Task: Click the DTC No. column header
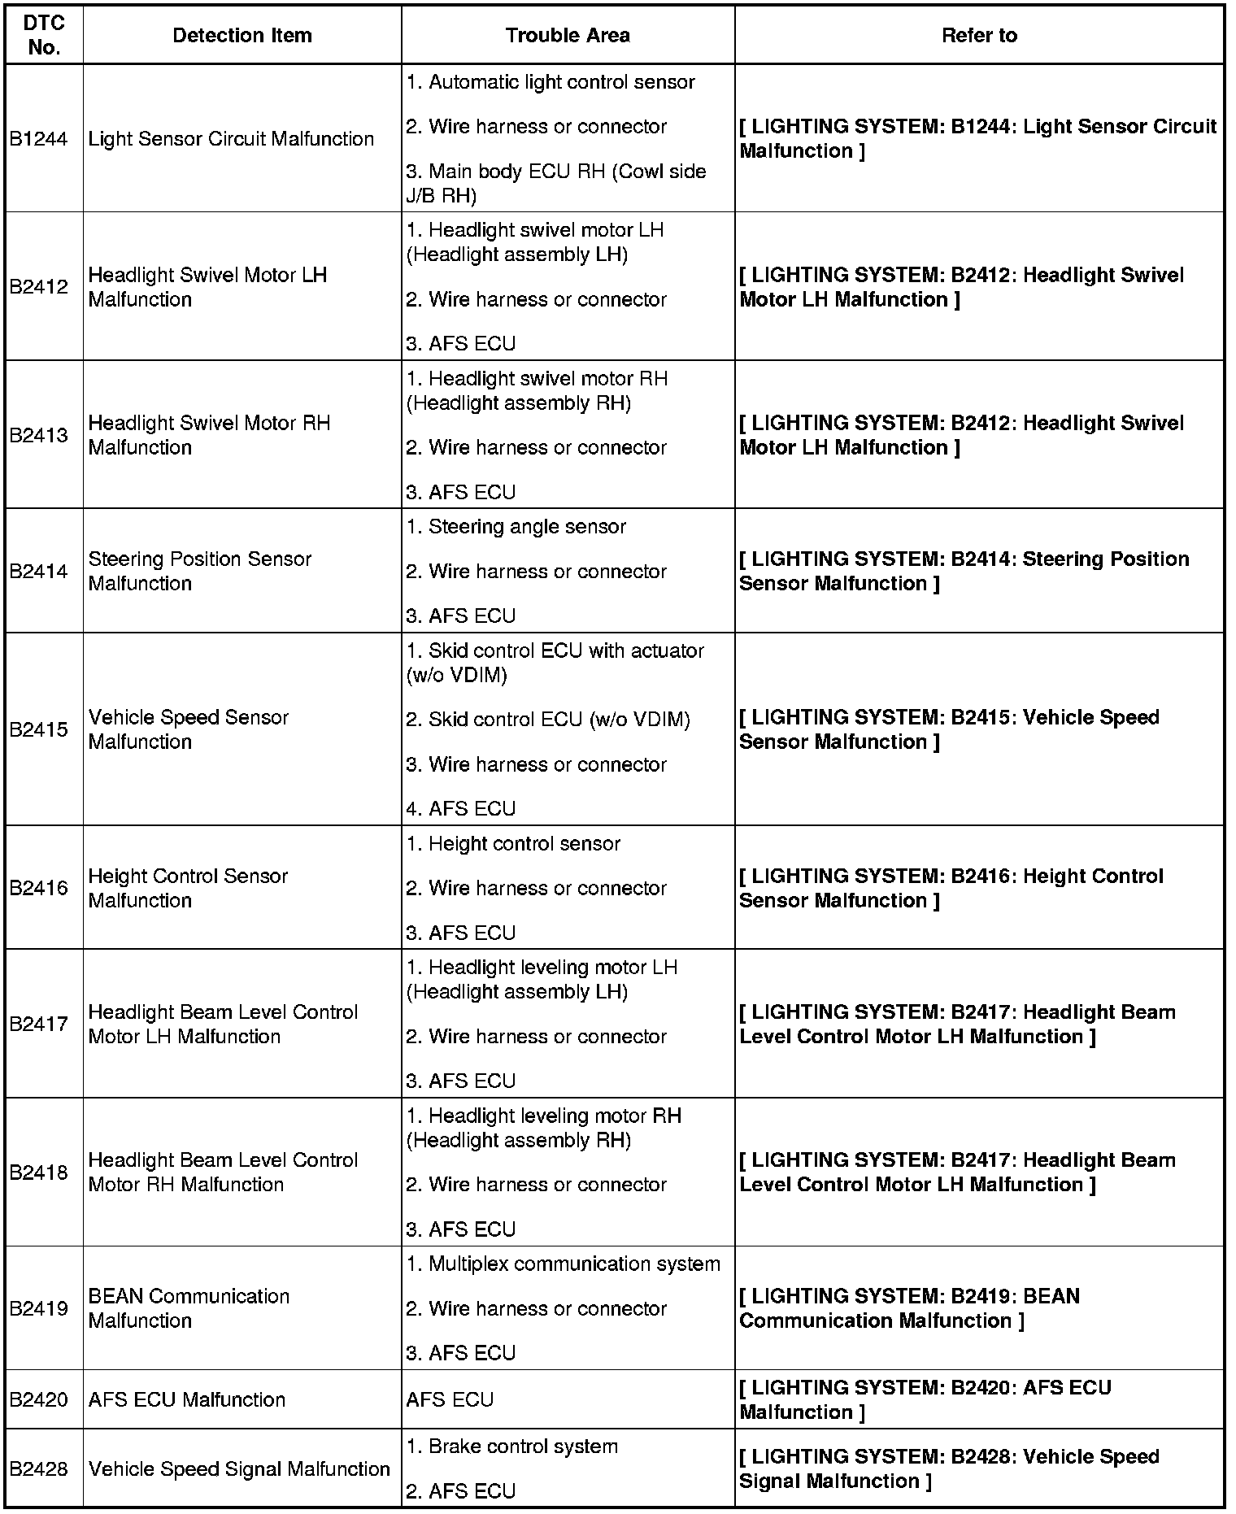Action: click(x=44, y=35)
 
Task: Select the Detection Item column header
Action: click(x=242, y=35)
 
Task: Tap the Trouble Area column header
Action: click(x=567, y=35)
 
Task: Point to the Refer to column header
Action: click(x=979, y=35)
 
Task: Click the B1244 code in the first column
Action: click(x=38, y=139)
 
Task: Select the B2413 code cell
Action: click(x=38, y=435)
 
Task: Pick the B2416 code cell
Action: click(x=38, y=888)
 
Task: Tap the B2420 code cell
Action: click(x=38, y=1399)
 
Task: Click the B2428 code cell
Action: click(x=38, y=1468)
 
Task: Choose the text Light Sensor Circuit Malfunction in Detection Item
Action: click(x=231, y=139)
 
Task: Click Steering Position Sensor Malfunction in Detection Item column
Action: click(x=199, y=571)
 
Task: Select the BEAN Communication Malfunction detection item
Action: click(x=189, y=1308)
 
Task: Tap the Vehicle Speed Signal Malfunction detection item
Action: click(x=239, y=1468)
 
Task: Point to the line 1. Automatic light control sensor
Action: click(x=551, y=82)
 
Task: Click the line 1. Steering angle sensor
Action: click(x=516, y=527)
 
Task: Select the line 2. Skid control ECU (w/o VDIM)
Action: click(x=548, y=720)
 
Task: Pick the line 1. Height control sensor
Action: click(x=513, y=844)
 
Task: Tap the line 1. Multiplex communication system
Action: click(x=563, y=1264)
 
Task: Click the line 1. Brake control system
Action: click(x=511, y=1447)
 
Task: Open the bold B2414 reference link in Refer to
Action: click(x=964, y=571)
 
